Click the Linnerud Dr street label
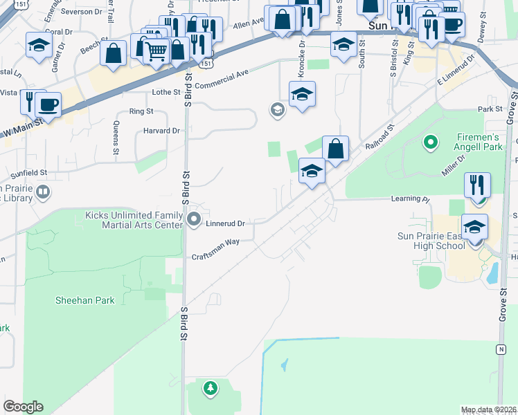(x=226, y=223)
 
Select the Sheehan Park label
(x=85, y=300)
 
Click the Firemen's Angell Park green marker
(x=431, y=143)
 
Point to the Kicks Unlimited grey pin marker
(x=195, y=221)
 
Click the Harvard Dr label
(x=162, y=130)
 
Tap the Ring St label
(x=141, y=111)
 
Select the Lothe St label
(x=166, y=92)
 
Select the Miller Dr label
(x=454, y=165)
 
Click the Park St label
(x=489, y=109)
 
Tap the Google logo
(x=23, y=407)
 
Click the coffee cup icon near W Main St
(x=48, y=104)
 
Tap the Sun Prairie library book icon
(x=43, y=192)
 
